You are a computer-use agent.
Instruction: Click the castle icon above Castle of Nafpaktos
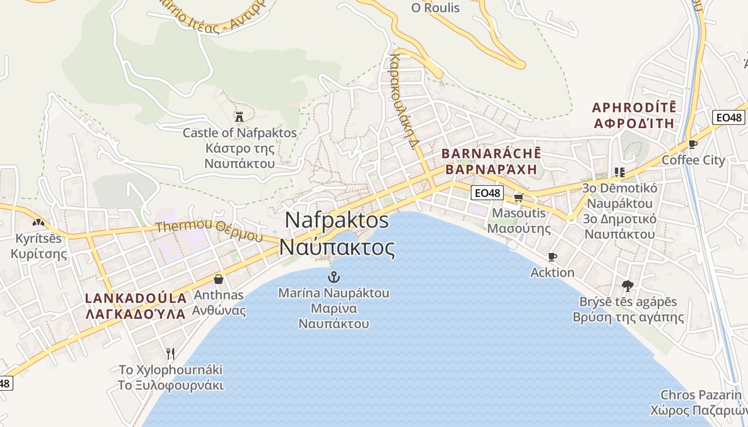(x=239, y=116)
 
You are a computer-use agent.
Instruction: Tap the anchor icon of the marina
(x=333, y=276)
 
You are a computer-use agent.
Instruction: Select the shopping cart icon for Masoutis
(x=518, y=197)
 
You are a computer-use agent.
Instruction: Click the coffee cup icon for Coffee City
(x=693, y=144)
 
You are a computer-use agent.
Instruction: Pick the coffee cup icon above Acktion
(x=552, y=257)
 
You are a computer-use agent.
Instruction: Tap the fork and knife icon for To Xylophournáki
(x=170, y=353)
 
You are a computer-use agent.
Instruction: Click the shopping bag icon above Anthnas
(x=219, y=279)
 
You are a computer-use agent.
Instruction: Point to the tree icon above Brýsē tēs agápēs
(x=628, y=286)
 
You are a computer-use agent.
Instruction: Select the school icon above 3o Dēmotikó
(x=619, y=172)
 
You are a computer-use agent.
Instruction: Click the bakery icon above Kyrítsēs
(x=38, y=222)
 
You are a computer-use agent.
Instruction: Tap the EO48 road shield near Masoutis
(x=487, y=193)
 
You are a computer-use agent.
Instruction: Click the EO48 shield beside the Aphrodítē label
(x=728, y=117)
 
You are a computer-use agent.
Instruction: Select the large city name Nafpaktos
(x=337, y=220)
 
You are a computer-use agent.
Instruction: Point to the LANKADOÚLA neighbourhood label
(x=136, y=298)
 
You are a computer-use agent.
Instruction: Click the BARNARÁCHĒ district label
(x=491, y=154)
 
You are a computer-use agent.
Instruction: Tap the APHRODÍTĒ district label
(x=634, y=107)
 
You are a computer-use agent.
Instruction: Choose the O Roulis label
(x=435, y=8)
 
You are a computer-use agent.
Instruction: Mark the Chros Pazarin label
(x=701, y=395)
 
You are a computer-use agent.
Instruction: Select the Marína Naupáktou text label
(x=334, y=293)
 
